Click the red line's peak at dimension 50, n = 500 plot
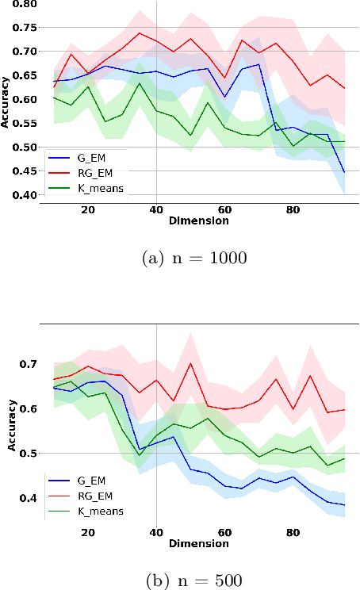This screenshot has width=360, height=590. [x=190, y=363]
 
